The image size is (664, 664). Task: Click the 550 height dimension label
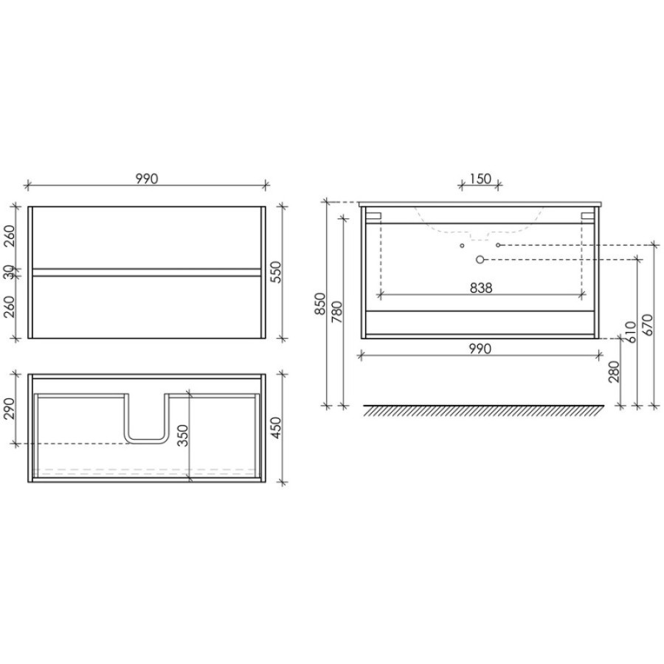[275, 272]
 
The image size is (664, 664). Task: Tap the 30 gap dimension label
[10, 272]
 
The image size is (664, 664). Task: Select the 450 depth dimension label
[275, 428]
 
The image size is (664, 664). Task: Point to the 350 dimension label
[182, 435]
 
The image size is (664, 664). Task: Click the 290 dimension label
[10, 409]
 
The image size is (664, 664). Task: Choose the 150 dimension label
[480, 179]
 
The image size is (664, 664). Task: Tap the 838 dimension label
[481, 288]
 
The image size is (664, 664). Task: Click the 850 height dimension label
[319, 304]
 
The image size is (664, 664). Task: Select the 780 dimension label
[337, 312]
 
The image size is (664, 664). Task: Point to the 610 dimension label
[631, 332]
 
